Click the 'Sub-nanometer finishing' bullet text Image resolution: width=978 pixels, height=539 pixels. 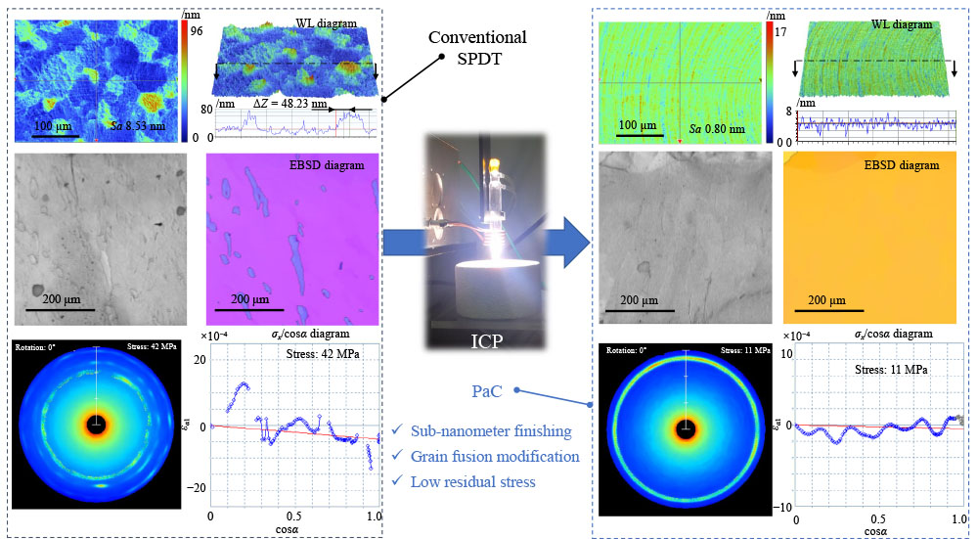tap(503, 431)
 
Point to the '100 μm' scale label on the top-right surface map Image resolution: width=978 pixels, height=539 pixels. tap(643, 125)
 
